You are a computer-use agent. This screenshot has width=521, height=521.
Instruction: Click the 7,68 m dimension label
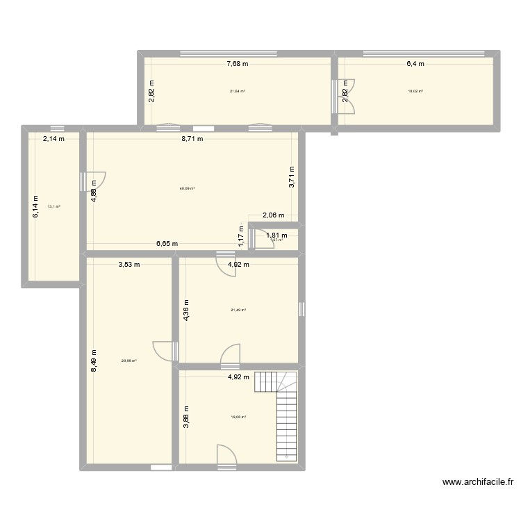[x=237, y=64]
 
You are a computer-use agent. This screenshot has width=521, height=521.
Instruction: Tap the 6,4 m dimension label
[x=415, y=64]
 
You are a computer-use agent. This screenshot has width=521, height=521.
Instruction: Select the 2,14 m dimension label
[x=53, y=138]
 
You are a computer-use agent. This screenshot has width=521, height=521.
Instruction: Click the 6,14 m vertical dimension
[x=34, y=206]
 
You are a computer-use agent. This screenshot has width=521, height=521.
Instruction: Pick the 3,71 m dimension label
[x=292, y=176]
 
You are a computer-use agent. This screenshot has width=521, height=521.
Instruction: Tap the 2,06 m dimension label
[x=273, y=215]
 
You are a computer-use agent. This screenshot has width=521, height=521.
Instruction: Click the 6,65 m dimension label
[x=166, y=244]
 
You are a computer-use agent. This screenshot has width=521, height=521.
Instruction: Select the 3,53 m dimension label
[x=129, y=264]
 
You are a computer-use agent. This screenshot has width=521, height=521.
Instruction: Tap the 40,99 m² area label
[x=187, y=188]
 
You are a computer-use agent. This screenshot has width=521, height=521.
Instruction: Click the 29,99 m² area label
[x=129, y=361]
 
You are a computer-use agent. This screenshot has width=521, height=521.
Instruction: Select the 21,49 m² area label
[x=238, y=311]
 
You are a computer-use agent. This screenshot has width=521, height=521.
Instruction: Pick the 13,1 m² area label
[x=53, y=206]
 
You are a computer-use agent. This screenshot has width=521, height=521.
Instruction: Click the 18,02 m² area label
[x=415, y=91]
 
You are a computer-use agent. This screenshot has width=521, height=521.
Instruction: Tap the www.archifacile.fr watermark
[x=476, y=482]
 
